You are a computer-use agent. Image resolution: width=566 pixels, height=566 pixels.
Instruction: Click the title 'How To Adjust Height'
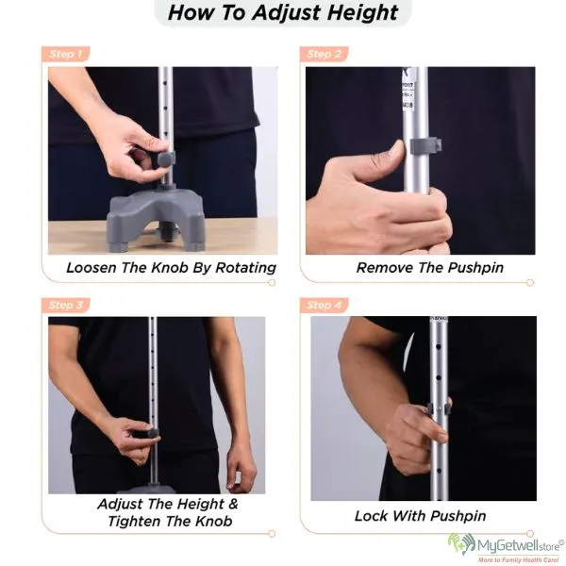[x=283, y=13]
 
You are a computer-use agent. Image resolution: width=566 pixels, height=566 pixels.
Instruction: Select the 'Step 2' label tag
[x=324, y=54]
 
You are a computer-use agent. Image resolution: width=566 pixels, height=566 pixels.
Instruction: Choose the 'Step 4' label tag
[x=324, y=305]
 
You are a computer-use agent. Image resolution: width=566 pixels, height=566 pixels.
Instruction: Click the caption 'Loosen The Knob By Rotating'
[x=171, y=268]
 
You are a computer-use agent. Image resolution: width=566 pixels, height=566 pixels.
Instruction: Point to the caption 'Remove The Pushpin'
[x=429, y=268]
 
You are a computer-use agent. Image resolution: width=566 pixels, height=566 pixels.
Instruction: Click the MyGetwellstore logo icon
[x=460, y=545]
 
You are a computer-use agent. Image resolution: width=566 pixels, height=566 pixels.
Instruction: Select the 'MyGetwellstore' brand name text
[x=519, y=544]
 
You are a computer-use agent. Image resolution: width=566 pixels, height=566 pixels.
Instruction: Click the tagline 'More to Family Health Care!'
[x=519, y=559]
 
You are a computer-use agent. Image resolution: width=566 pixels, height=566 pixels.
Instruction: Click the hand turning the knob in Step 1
[x=132, y=151]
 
